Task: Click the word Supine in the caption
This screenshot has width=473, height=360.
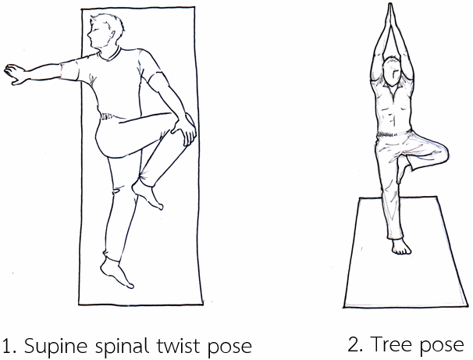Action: tap(55, 346)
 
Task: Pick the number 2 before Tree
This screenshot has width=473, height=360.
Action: tap(354, 344)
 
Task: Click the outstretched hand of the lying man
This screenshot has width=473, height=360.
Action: tap(15, 73)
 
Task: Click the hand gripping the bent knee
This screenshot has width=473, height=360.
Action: tap(184, 129)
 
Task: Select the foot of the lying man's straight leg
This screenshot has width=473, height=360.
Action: tap(116, 273)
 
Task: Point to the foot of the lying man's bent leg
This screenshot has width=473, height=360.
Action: tap(148, 194)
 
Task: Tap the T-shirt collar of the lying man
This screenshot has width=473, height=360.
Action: tap(109, 55)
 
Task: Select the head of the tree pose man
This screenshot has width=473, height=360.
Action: tap(392, 71)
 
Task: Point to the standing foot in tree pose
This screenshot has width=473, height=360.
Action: tap(401, 247)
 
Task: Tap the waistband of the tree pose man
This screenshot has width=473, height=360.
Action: tap(393, 133)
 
